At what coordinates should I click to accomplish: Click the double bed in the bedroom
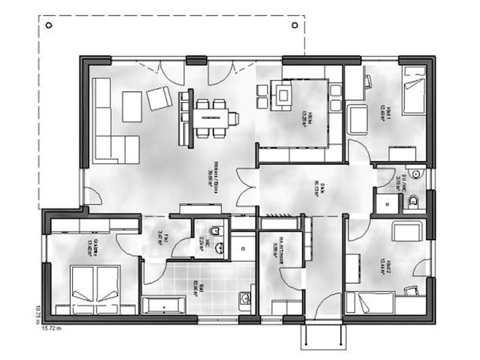pos(95,289)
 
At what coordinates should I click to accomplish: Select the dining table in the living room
pos(211,118)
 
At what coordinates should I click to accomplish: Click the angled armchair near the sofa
pos(159,97)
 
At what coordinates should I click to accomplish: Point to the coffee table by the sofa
pos(132,106)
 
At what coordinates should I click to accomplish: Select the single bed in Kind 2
pos(370,304)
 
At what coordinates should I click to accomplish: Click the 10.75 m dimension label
pos(35,311)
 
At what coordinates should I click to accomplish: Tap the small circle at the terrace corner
pos(49,25)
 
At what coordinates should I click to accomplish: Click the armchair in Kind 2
pos(406,232)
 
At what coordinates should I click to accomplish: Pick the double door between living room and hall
pos(246,187)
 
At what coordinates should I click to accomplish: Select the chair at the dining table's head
pos(234,118)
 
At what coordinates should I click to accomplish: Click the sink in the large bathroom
pos(245,299)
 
